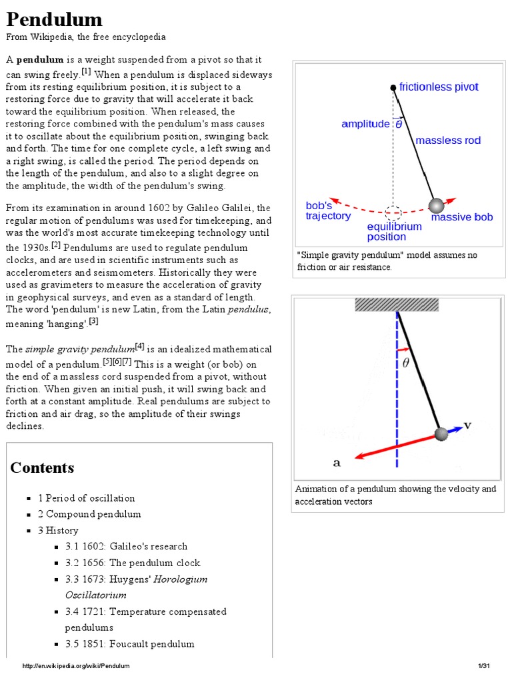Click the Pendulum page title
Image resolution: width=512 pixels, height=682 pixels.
click(x=55, y=19)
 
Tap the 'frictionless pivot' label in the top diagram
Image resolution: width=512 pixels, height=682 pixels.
click(x=439, y=87)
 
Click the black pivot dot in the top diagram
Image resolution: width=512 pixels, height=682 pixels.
click(x=393, y=88)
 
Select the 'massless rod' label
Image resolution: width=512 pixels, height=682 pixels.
click(x=448, y=141)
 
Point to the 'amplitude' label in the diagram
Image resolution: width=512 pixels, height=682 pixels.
click(x=365, y=124)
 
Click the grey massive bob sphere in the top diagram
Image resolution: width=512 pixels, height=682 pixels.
click(x=436, y=205)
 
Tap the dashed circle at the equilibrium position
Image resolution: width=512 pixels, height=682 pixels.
click(x=393, y=213)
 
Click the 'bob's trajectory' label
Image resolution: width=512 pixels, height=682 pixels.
click(x=327, y=210)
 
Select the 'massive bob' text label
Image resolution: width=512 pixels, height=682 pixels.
click(x=462, y=217)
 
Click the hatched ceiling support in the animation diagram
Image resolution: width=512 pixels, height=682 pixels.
click(x=397, y=304)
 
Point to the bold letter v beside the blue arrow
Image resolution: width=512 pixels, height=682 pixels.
click(x=467, y=425)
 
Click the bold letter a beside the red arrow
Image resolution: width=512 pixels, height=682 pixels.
click(x=337, y=462)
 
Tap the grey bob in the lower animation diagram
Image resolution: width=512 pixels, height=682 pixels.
click(x=441, y=434)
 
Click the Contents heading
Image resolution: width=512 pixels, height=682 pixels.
click(x=42, y=468)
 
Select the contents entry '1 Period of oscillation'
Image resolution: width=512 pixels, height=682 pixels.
click(x=86, y=498)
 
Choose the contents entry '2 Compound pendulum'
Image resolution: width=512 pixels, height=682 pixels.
click(x=89, y=514)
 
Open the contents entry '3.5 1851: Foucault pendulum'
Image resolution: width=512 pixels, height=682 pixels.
click(x=129, y=643)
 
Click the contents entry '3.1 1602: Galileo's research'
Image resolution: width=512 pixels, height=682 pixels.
click(x=126, y=546)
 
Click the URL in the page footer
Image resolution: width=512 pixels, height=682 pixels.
click(x=76, y=666)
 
